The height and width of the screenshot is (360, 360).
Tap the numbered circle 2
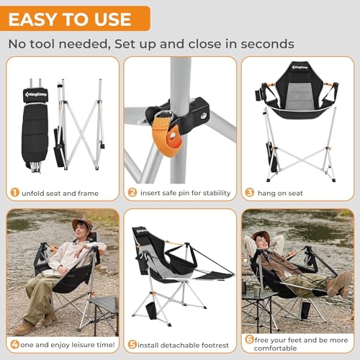[x=132, y=193]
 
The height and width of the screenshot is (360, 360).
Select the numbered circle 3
[x=250, y=193]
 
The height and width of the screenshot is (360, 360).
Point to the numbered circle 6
[x=250, y=339]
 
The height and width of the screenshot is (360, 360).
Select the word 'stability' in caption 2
[x=213, y=193]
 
